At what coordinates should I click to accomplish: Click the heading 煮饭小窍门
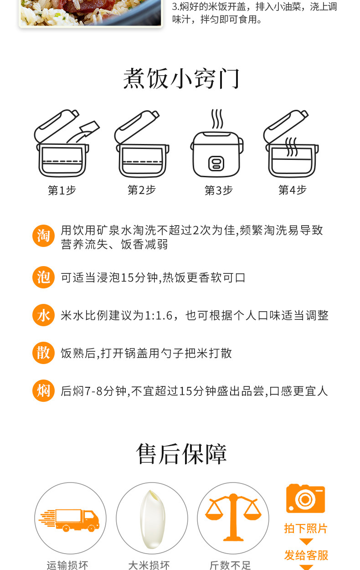(181, 79)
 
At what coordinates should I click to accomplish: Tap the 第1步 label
(62, 190)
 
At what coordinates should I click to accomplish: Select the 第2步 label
(142, 190)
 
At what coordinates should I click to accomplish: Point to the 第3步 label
(219, 190)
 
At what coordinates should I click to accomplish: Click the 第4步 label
(293, 190)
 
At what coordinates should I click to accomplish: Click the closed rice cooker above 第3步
(217, 154)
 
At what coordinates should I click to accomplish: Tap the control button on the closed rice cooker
(216, 164)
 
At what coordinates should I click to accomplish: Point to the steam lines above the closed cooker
(217, 119)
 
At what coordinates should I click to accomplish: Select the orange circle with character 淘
(43, 236)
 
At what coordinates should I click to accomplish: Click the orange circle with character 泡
(43, 277)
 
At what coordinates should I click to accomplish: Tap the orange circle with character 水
(43, 315)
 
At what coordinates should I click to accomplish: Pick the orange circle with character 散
(43, 353)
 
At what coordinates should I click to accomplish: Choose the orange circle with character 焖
(43, 390)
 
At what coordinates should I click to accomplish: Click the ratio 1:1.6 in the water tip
(159, 316)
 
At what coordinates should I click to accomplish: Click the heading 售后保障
(181, 454)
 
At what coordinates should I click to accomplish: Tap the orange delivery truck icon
(69, 520)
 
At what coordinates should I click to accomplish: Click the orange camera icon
(306, 498)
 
